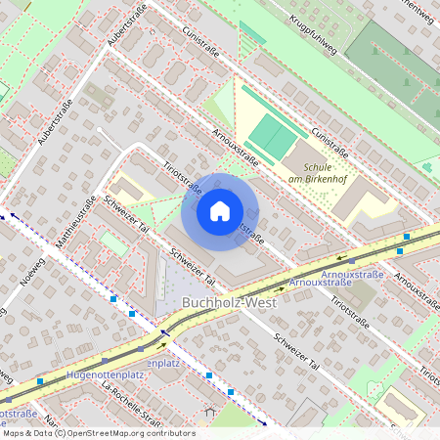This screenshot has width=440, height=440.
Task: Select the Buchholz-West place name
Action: (x=230, y=303)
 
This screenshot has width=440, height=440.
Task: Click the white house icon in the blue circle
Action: (x=219, y=211)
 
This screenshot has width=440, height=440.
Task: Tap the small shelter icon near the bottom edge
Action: (x=208, y=413)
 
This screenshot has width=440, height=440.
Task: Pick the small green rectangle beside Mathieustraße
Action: (x=113, y=243)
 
